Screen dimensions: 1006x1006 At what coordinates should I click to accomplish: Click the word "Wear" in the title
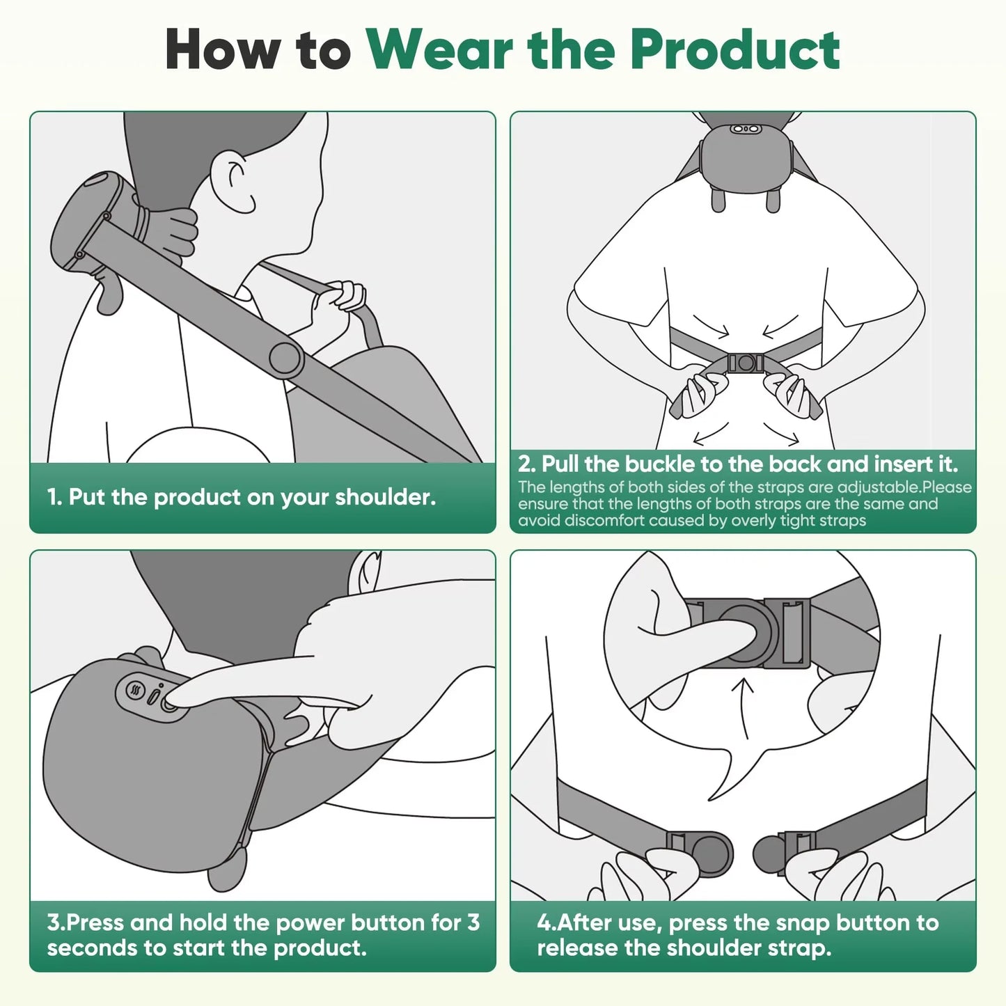(x=440, y=50)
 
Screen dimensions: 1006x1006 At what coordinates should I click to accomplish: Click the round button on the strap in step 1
(x=285, y=359)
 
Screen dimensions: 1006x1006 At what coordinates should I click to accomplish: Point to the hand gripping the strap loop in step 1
(x=337, y=306)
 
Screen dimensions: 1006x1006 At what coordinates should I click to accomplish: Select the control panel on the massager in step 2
(x=744, y=129)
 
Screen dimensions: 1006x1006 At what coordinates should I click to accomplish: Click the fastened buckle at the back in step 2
(x=745, y=363)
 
